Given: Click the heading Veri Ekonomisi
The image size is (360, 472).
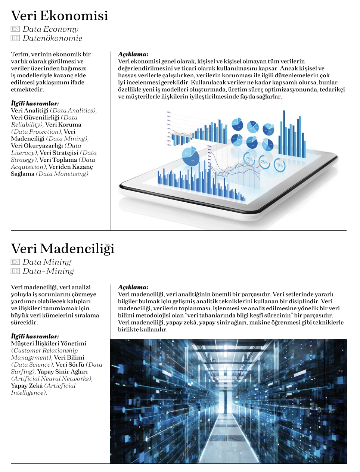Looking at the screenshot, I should (x=59, y=16).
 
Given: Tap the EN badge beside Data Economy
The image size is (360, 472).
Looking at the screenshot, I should (x=15, y=29).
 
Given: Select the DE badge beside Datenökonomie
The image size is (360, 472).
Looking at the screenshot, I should (x=15, y=38).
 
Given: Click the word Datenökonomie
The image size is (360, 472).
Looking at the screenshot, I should (x=52, y=38).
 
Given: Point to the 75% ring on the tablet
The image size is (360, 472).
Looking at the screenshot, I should (x=249, y=159).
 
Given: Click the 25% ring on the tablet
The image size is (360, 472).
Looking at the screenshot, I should (x=264, y=162).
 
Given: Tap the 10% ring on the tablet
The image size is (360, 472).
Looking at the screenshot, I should (x=279, y=165).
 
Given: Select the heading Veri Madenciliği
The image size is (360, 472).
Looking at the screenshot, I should (x=62, y=249).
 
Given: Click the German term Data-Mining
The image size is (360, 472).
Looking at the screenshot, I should (x=49, y=271).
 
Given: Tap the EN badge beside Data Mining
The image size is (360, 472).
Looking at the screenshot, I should (x=15, y=262).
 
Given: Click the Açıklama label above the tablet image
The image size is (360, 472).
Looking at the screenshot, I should (x=133, y=54).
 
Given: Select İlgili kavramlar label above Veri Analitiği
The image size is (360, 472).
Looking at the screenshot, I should (x=35, y=103).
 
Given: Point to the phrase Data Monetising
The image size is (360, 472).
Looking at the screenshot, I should (x=63, y=174).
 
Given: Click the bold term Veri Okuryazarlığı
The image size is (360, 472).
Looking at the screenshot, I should (x=37, y=146).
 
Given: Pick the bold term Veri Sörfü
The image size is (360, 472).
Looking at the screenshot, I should (x=70, y=364).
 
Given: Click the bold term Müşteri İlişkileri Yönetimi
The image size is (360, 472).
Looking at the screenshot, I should (x=49, y=344).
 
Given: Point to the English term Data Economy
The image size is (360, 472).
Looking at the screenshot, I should (x=50, y=29).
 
